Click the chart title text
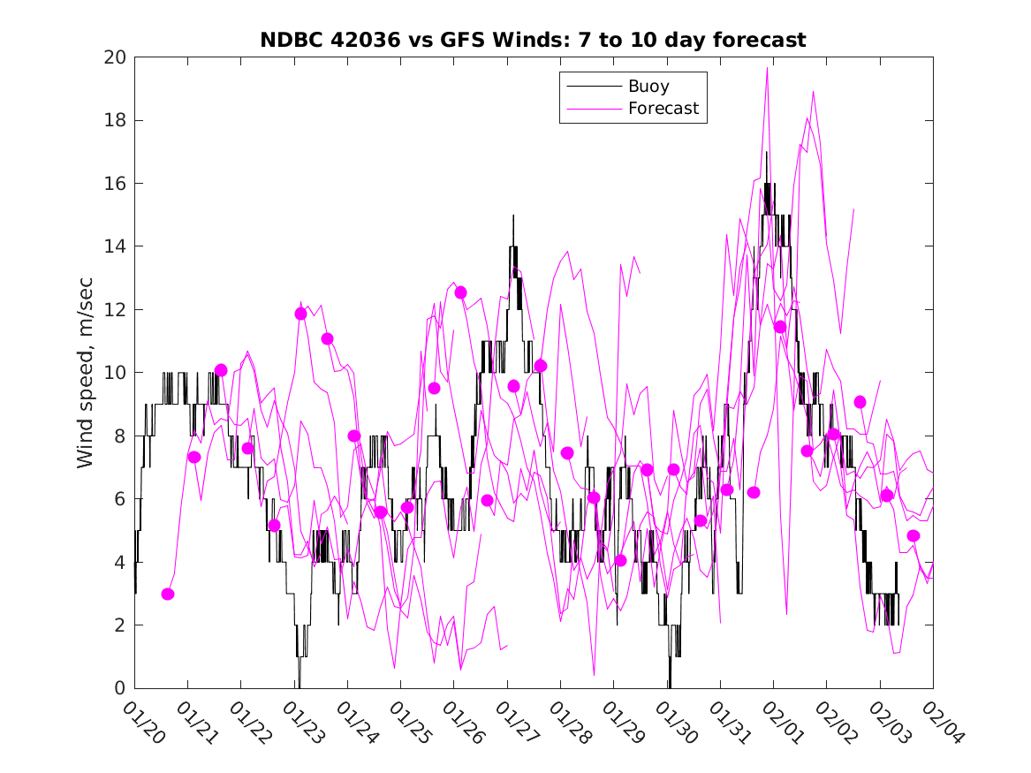(533, 40)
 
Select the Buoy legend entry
(648, 87)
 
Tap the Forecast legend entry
(663, 109)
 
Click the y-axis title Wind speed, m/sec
(86, 373)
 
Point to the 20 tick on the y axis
(116, 57)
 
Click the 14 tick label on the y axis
(116, 246)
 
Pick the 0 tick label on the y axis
(121, 688)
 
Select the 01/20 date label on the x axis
(141, 723)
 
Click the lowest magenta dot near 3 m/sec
(168, 594)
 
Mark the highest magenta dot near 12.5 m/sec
(460, 292)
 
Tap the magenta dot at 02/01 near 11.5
(780, 327)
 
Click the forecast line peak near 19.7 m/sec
(768, 67)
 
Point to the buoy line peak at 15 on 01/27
(513, 216)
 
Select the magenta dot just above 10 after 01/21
(221, 370)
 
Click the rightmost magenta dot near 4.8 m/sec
(913, 535)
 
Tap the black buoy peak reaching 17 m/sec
(767, 153)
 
